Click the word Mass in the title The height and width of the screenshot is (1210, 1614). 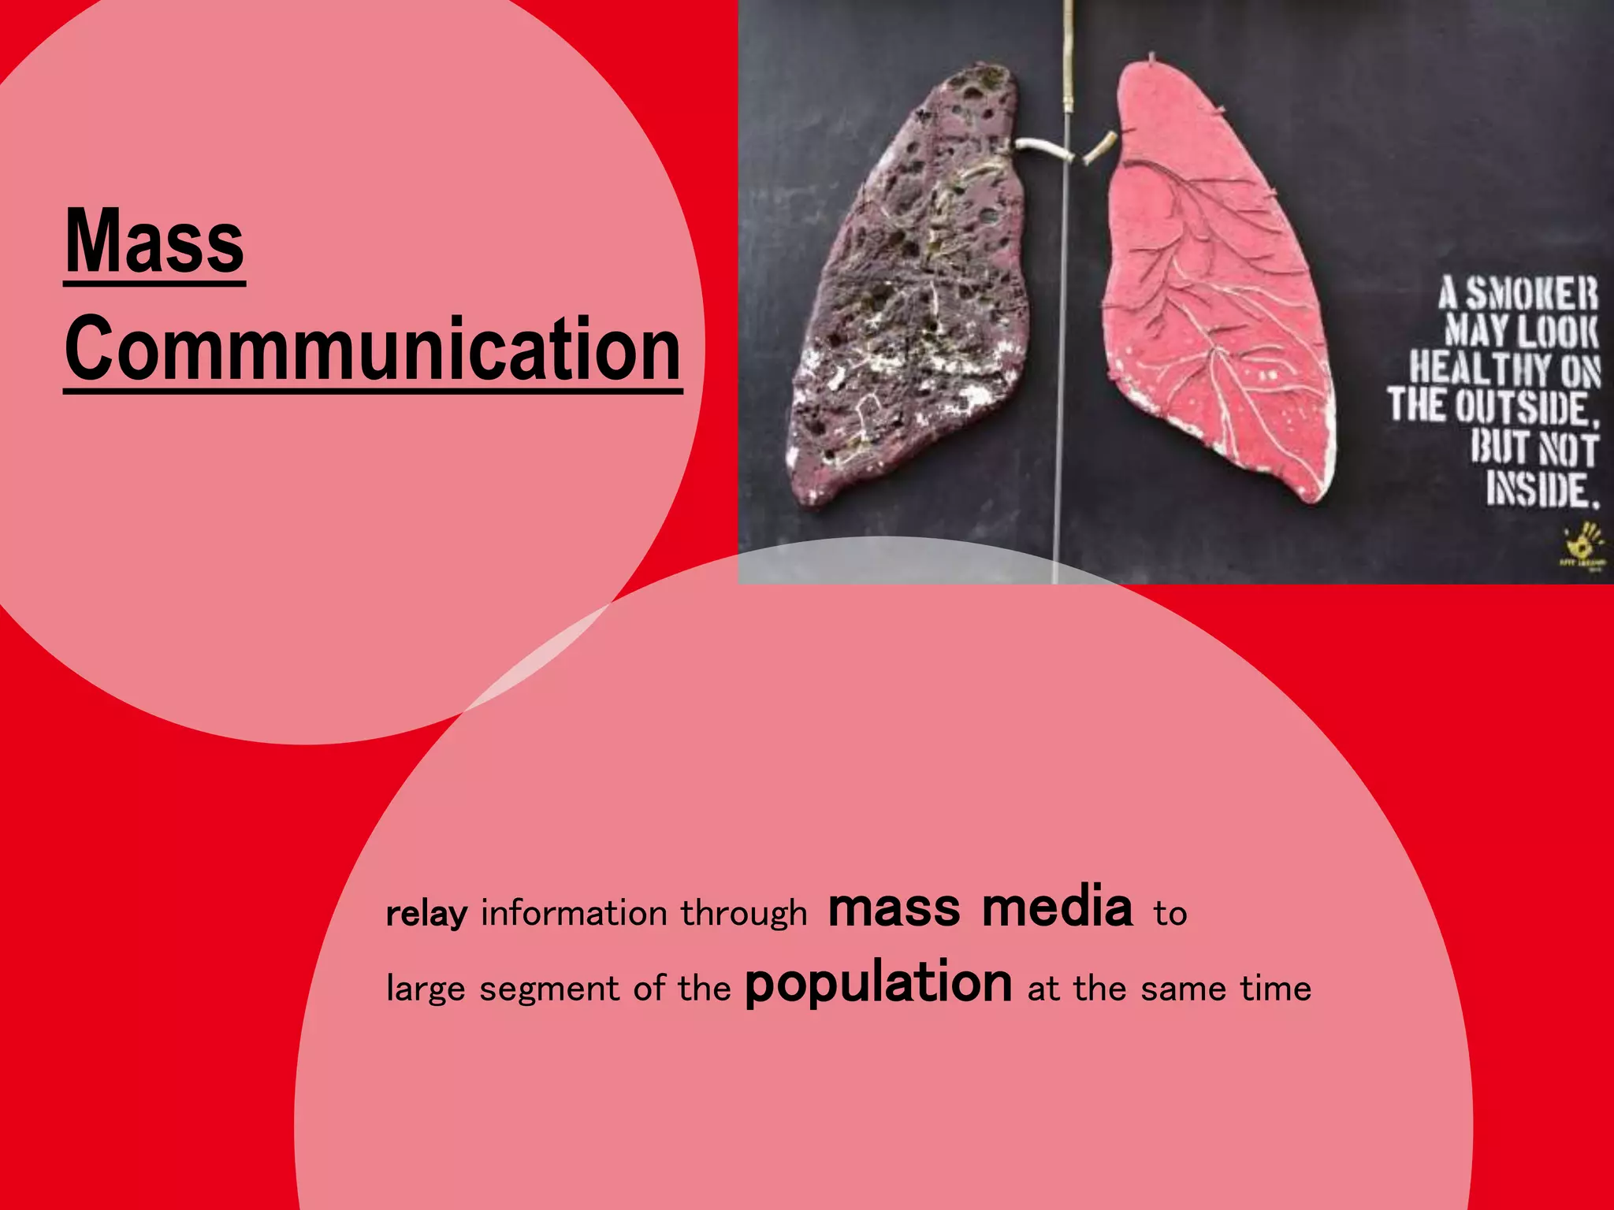coord(154,241)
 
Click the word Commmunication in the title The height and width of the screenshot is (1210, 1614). coord(373,348)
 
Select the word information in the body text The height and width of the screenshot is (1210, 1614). coord(574,913)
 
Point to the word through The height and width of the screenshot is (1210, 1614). coord(744,913)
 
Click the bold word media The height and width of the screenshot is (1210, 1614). coord(1057,907)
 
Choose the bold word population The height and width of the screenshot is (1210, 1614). coord(878,984)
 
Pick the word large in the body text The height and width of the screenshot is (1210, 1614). coord(426,989)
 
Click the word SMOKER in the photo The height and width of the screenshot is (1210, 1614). coord(1531,294)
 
